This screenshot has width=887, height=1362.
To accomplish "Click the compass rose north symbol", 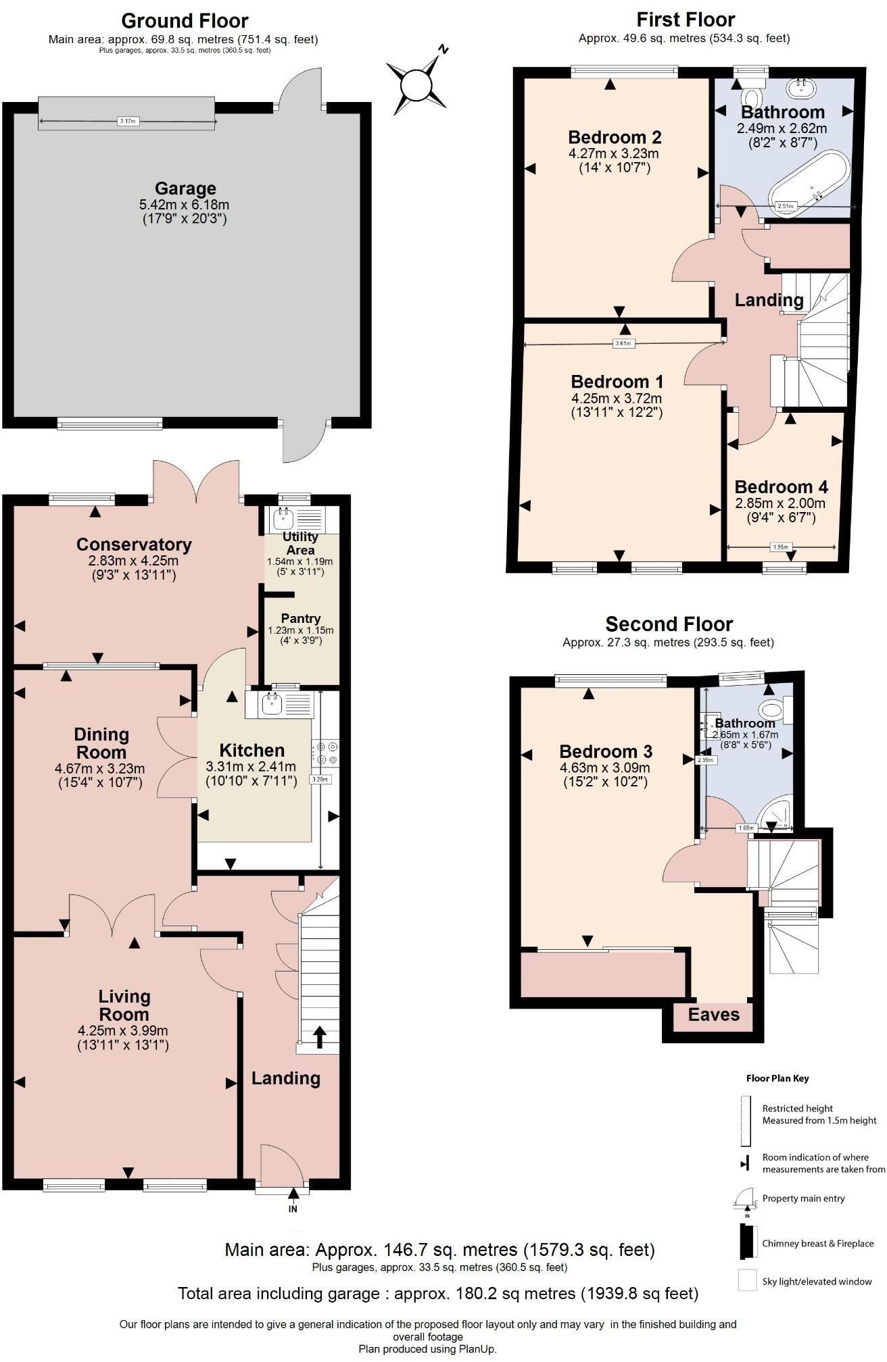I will tap(416, 86).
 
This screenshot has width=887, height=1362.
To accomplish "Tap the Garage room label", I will tap(185, 188).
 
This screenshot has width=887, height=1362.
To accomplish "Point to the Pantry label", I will tap(301, 618).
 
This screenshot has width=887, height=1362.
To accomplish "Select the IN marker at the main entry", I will tap(293, 1209).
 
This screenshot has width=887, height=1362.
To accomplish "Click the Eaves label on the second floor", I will tap(713, 1015).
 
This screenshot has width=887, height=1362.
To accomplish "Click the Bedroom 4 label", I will tap(781, 486).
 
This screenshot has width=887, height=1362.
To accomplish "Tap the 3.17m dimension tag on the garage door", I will tap(128, 122).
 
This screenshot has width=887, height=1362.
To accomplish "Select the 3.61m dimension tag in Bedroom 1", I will tap(623, 343).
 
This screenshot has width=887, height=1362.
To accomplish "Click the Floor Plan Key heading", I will tap(777, 1078).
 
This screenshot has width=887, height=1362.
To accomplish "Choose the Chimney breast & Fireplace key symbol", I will tap(746, 1243).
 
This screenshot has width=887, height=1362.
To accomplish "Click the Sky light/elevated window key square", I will tap(747, 1281).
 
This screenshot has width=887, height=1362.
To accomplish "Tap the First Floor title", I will tap(686, 20).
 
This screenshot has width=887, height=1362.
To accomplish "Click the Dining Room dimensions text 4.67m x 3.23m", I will tap(99, 769).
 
